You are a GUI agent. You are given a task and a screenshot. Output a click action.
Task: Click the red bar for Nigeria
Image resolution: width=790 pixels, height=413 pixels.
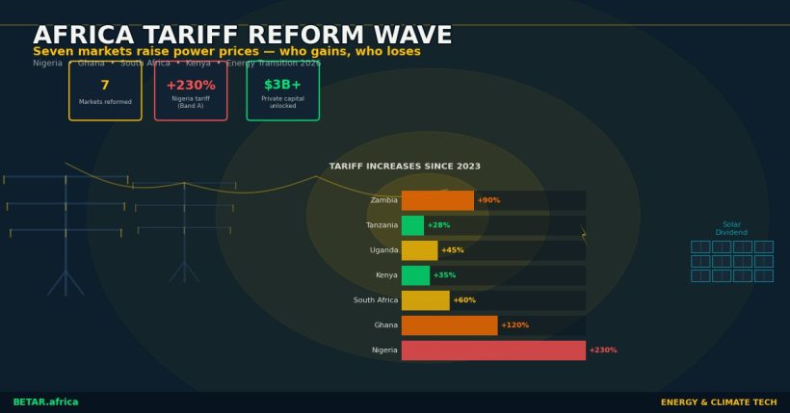point(493,350)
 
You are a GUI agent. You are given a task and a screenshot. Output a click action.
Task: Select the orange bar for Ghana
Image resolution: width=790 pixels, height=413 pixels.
point(449,325)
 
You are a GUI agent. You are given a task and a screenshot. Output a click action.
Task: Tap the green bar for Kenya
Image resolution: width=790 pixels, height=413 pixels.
point(415,275)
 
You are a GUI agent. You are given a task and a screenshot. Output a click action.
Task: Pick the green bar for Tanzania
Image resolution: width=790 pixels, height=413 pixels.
point(412,225)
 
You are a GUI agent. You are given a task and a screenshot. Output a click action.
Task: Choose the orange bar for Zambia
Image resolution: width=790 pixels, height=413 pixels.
point(437,200)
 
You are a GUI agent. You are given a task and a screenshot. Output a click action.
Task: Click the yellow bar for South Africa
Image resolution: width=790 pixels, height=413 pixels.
point(425,300)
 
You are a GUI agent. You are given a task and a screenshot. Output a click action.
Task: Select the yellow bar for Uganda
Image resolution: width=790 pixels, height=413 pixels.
point(419,250)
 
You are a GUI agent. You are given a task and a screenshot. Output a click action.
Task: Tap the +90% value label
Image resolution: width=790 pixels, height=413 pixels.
point(488,200)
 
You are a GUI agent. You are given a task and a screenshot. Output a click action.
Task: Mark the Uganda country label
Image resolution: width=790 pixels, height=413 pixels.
point(383,250)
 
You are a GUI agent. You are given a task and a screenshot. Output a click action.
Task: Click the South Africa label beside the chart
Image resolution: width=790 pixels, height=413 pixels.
point(375,300)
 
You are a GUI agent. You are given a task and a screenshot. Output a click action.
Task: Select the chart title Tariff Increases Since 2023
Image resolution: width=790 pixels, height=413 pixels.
point(405,167)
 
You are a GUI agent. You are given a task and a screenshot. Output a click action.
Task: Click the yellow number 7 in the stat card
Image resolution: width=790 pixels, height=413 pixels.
point(105,86)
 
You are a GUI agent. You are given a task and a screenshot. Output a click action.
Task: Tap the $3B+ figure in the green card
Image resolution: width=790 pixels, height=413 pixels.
point(282,86)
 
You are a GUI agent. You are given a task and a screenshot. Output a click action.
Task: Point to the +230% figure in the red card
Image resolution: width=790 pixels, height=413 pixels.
point(191,86)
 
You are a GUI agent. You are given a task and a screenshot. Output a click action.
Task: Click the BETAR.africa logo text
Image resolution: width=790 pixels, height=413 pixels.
point(45,402)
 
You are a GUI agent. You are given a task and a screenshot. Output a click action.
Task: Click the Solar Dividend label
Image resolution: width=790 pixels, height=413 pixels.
point(731,228)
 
